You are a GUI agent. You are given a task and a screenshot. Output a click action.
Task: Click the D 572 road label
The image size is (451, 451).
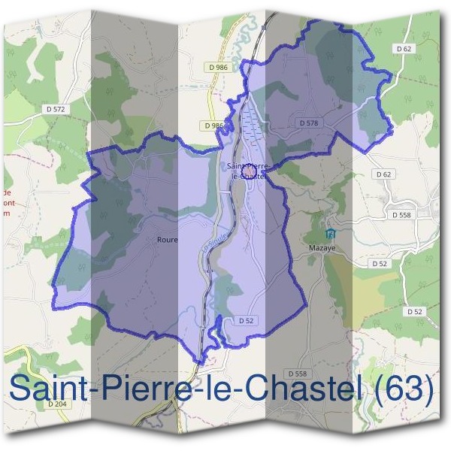(56, 110)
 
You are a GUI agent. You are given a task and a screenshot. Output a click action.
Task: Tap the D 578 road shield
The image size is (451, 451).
(308, 122)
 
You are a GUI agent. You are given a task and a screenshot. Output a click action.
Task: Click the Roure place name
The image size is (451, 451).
(167, 240)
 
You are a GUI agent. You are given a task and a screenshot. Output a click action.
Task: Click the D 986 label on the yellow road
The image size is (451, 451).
(218, 68)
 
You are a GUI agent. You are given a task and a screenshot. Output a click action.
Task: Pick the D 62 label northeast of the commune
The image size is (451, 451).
(404, 49)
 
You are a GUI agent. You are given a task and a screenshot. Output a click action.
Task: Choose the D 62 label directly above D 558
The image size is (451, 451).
(383, 174)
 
